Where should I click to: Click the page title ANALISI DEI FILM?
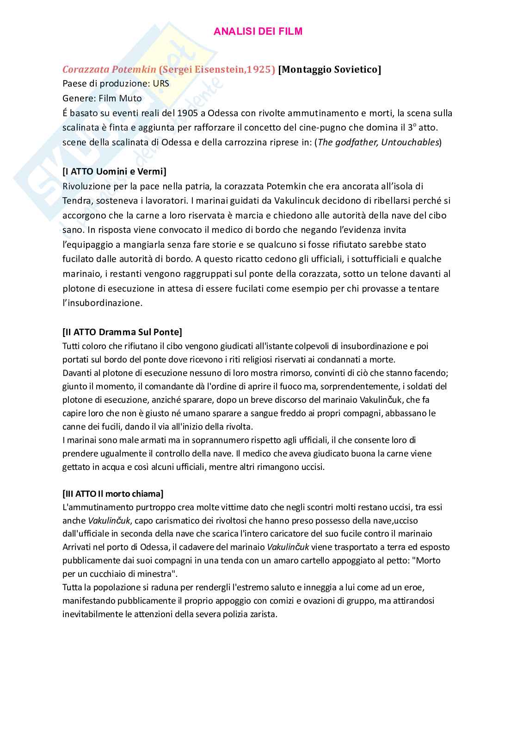(x=258, y=31)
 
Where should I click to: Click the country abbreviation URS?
(x=161, y=84)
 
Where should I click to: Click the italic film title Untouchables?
(x=410, y=142)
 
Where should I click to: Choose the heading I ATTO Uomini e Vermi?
(x=114, y=171)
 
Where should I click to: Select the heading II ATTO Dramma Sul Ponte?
(x=122, y=332)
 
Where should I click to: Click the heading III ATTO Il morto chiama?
(x=113, y=494)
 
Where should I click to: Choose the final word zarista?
(x=263, y=614)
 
